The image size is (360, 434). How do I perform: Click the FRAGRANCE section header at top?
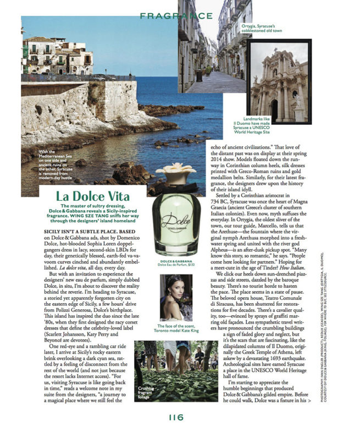pyautogui.click(x=176, y=17)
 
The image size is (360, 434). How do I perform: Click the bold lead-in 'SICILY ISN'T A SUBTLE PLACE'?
pyautogui.click(x=88, y=233)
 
